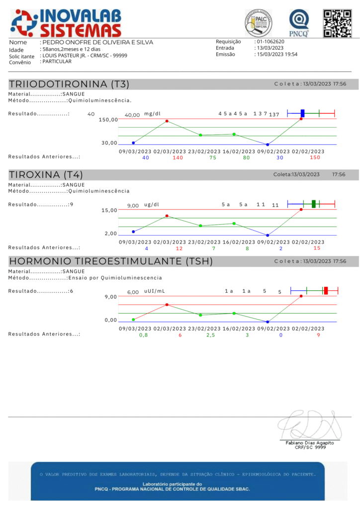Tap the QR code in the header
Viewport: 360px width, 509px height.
click(334, 23)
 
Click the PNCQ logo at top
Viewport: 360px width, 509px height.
click(299, 23)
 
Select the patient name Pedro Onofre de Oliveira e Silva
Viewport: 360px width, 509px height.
click(98, 42)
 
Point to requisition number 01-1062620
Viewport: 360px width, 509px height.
click(270, 42)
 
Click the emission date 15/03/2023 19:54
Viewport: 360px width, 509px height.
click(277, 54)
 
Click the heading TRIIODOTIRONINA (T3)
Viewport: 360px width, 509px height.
click(65, 84)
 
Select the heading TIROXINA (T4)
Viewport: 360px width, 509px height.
click(46, 174)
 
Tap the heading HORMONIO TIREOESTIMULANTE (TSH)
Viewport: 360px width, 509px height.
click(111, 261)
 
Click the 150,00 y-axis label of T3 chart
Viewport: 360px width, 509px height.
click(108, 120)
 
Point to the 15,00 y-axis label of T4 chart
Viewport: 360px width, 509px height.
click(109, 210)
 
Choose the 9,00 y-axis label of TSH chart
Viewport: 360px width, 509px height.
click(111, 297)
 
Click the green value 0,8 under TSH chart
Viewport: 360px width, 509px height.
click(143, 335)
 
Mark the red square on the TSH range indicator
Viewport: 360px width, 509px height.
click(326, 291)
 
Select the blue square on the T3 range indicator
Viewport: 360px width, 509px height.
click(302, 113)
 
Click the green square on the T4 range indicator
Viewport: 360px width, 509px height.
click(314, 203)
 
